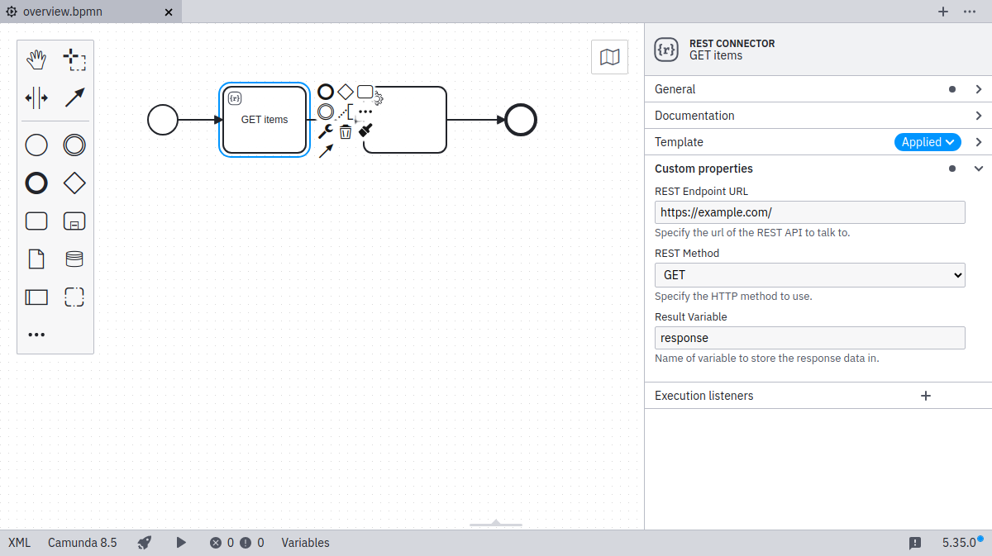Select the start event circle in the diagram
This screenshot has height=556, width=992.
pyautogui.click(x=163, y=120)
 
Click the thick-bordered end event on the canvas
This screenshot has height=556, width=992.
pyautogui.click(x=521, y=120)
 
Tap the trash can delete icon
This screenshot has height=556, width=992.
pyautogui.click(x=346, y=131)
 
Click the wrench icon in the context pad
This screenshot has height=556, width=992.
pyautogui.click(x=326, y=131)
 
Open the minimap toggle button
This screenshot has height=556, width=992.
pyautogui.click(x=609, y=57)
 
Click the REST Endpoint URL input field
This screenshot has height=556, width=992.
pyautogui.click(x=809, y=212)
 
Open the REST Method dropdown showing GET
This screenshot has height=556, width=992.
pyautogui.click(x=809, y=275)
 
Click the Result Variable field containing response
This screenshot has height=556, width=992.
pyautogui.click(x=809, y=338)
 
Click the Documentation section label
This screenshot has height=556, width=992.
pyautogui.click(x=694, y=116)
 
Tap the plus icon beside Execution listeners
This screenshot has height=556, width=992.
pyautogui.click(x=926, y=396)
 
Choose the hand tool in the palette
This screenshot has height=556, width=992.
pyautogui.click(x=36, y=59)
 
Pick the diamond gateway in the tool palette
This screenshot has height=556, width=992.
pyautogui.click(x=74, y=183)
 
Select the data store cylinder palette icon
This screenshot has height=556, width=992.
pyautogui.click(x=74, y=259)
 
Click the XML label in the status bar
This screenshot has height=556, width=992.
pyautogui.click(x=19, y=543)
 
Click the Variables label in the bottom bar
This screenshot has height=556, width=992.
pyautogui.click(x=305, y=543)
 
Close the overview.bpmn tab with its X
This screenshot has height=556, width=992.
pyautogui.click(x=169, y=12)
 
